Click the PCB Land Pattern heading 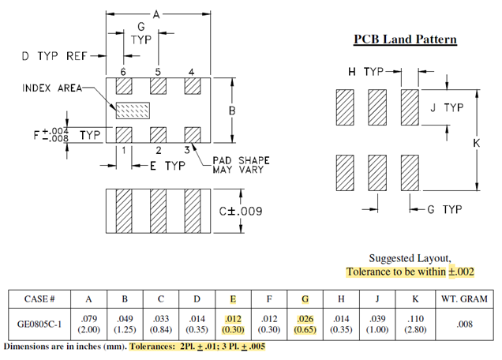pyautogui.click(x=405, y=39)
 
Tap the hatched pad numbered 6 pyautogui.click(x=124, y=86)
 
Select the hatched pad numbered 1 pyautogui.click(x=124, y=135)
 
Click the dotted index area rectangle pyautogui.click(x=133, y=111)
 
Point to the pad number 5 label pyautogui.click(x=158, y=72)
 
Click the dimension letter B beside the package pyautogui.click(x=232, y=111)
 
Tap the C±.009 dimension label pyautogui.click(x=241, y=212)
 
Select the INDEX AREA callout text pyautogui.click(x=52, y=88)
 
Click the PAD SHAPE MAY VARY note pyautogui.click(x=241, y=165)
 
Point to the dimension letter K pyautogui.click(x=477, y=143)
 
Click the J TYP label pyautogui.click(x=447, y=107)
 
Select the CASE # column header pyautogui.click(x=39, y=299)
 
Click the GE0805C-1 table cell pyautogui.click(x=39, y=324)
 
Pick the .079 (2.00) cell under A pyautogui.click(x=88, y=324)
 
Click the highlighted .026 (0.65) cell pyautogui.click(x=305, y=324)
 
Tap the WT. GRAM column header pyautogui.click(x=464, y=299)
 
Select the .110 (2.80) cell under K pyautogui.click(x=415, y=324)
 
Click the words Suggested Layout pyautogui.click(x=410, y=258)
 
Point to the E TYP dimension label pyautogui.click(x=167, y=166)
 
